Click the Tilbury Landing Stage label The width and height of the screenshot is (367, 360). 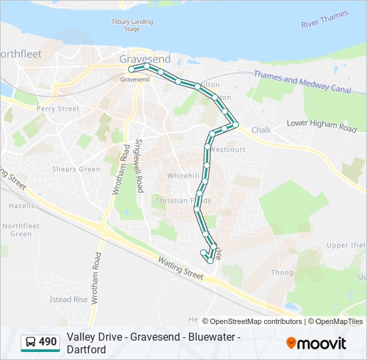pyautogui.click(x=131, y=25)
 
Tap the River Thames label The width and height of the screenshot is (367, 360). pyautogui.click(x=324, y=19)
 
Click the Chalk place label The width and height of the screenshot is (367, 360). pyautogui.click(x=261, y=130)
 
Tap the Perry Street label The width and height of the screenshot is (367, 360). pyautogui.click(x=58, y=109)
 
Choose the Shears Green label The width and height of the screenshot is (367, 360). pyautogui.click(x=76, y=169)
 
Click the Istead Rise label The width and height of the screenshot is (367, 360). pyautogui.click(x=69, y=300)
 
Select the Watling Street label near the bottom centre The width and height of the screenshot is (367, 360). pyautogui.click(x=179, y=264)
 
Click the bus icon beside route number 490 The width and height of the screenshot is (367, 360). pyautogui.click(x=31, y=343)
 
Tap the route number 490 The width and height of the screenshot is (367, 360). pyautogui.click(x=48, y=343)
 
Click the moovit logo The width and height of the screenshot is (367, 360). pyautogui.click(x=316, y=343)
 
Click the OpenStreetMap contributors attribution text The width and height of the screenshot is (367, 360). pyautogui.click(x=256, y=321)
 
